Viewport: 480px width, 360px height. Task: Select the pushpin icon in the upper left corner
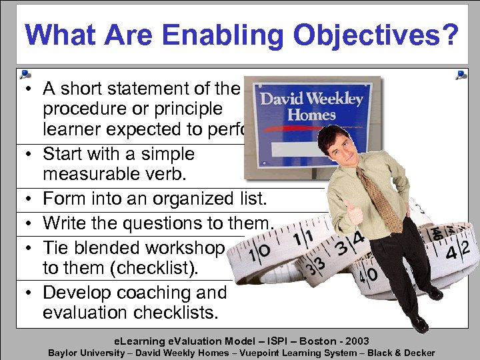coord(25,75)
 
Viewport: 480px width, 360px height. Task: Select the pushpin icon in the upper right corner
coord(461,75)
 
